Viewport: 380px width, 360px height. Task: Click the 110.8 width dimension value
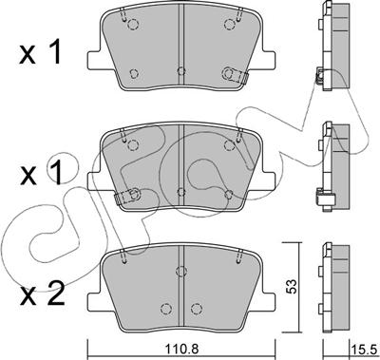[180, 349]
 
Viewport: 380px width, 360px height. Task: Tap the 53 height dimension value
[293, 286]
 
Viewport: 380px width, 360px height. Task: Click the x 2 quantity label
[42, 294]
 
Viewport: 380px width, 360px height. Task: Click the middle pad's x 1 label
[41, 173]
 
